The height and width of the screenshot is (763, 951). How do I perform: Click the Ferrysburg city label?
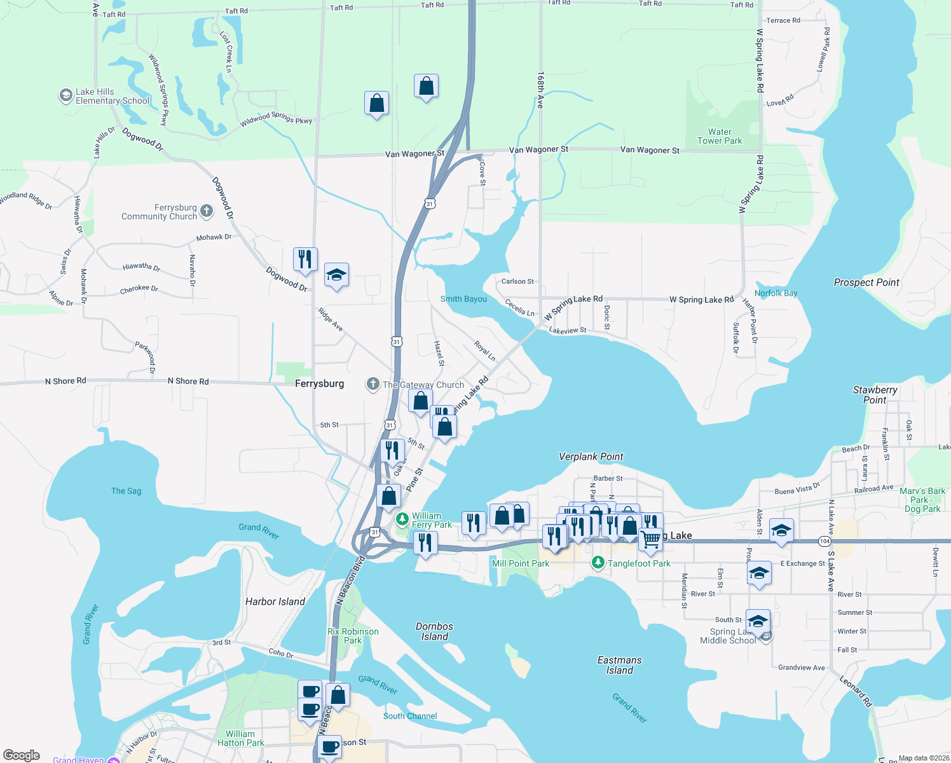[319, 383]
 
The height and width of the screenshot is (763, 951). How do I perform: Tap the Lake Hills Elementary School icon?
[65, 96]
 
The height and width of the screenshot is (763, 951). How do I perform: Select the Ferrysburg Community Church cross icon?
[207, 211]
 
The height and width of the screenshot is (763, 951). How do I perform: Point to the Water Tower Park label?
[720, 137]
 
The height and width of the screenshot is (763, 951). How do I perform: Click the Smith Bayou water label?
[463, 299]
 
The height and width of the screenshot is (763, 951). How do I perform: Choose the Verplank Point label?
[591, 457]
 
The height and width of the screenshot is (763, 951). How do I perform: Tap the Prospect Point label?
[866, 282]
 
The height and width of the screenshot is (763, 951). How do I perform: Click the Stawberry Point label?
[875, 395]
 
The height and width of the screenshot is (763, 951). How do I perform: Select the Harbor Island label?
[275, 601]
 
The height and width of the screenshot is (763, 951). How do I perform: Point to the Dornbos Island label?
[435, 631]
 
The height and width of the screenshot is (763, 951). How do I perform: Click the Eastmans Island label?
[619, 665]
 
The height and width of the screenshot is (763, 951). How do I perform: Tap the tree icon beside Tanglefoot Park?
[598, 563]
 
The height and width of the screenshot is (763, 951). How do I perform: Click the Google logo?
[22, 755]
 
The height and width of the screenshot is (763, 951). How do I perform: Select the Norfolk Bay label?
[776, 293]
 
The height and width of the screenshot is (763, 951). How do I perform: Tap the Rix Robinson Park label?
[353, 636]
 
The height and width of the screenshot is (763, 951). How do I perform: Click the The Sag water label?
[126, 491]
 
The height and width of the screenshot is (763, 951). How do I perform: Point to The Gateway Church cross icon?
[373, 384]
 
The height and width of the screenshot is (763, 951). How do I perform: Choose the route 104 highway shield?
[824, 541]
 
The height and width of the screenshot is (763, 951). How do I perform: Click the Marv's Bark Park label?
[922, 500]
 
